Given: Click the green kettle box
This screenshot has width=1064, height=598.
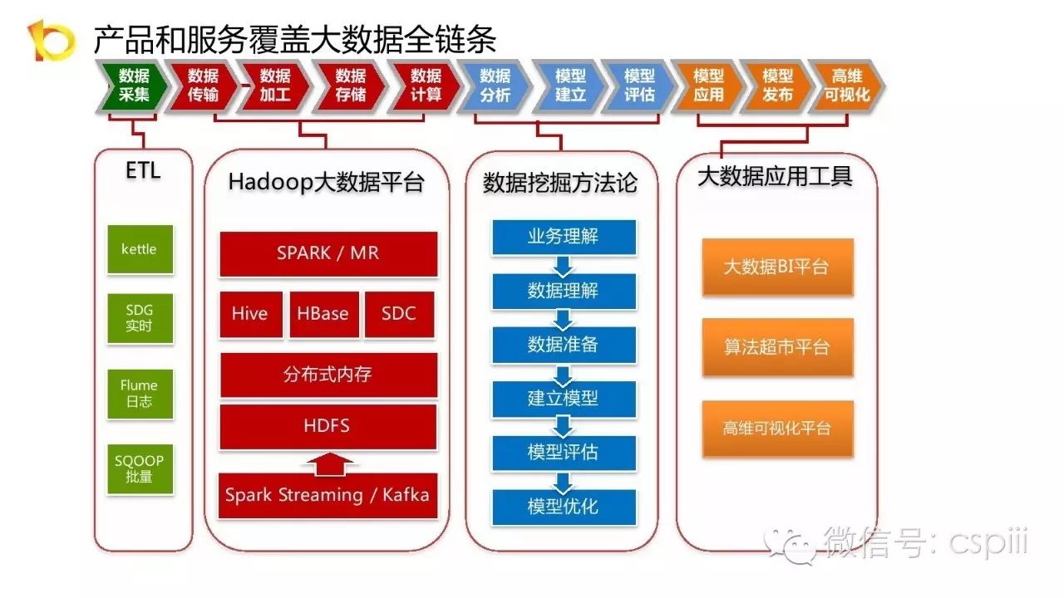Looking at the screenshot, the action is point(140,249).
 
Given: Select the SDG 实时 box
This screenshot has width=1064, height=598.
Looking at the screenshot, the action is point(140,318).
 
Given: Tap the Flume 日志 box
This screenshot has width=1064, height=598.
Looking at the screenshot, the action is point(140,394).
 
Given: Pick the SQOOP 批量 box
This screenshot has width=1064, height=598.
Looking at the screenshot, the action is point(140,469).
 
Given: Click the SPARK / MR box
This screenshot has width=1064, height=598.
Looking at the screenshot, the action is point(328,253).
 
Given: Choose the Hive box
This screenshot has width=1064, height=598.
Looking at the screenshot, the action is point(250,314).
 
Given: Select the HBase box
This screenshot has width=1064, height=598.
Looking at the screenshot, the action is point(323,314).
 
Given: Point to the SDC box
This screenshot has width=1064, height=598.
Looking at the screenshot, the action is point(399,314).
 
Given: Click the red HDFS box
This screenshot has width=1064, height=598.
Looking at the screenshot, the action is point(328,426).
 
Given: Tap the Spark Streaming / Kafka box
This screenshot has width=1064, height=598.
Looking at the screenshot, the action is point(328,495).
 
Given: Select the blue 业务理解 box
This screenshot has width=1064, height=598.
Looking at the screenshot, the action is point(564,237).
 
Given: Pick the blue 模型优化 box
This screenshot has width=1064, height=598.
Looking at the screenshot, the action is point(564,507).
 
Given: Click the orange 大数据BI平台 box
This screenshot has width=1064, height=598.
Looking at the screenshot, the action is point(777,267).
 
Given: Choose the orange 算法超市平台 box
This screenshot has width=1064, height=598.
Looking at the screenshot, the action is point(777,347).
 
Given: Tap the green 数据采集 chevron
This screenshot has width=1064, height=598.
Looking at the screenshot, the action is point(134,86).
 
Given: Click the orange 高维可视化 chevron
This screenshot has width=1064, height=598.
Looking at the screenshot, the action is point(846,86).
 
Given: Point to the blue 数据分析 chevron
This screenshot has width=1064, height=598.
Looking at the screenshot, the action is point(496,86).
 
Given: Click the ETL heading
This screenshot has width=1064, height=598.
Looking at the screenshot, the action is point(142,171).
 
